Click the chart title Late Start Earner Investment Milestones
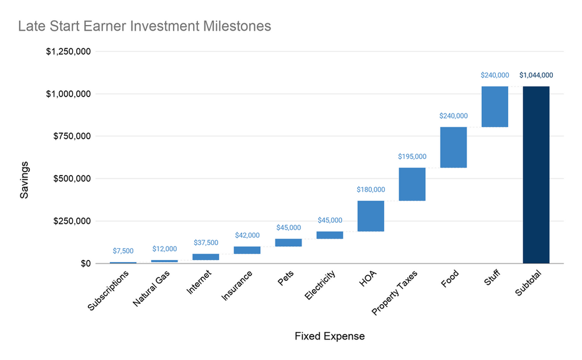[x=144, y=26]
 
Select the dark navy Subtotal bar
[x=536, y=174]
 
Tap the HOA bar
[x=371, y=216]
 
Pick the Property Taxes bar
[x=412, y=184]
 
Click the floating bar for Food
[x=453, y=147]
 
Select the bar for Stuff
[x=495, y=106]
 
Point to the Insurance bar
[x=247, y=250]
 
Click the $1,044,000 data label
[x=536, y=75]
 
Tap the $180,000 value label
[x=371, y=190]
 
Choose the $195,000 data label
[x=412, y=156]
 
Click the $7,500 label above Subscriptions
[x=123, y=251]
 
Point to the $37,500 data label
[x=206, y=243]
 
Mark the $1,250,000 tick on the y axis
[x=68, y=51]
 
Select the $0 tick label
[x=84, y=263]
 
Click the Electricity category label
[x=321, y=286]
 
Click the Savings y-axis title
[x=24, y=179]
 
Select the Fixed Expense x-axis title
[x=329, y=336]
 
